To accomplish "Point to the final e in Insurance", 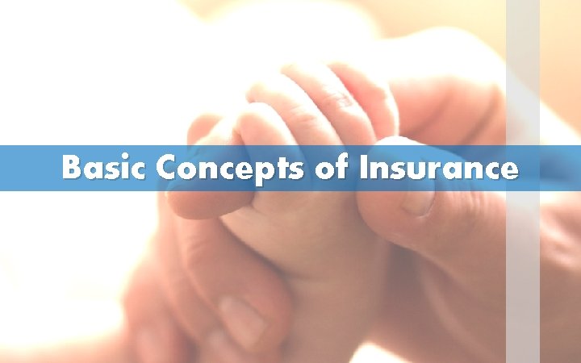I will tap(508, 170).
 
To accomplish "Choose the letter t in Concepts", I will tap(272, 169).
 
